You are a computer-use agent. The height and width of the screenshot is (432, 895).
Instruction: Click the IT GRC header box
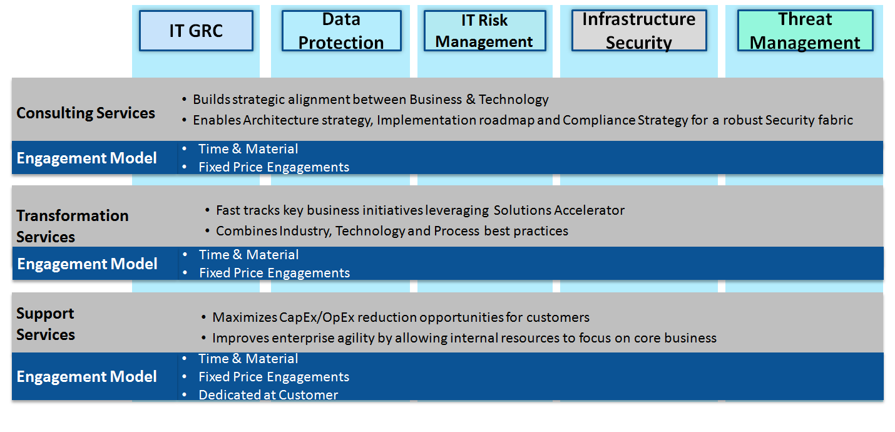click(196, 31)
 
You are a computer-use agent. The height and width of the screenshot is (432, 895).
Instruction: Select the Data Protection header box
click(342, 31)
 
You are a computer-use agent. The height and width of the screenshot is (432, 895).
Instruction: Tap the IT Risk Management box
click(484, 31)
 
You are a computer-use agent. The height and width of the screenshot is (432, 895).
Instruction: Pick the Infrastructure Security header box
click(639, 31)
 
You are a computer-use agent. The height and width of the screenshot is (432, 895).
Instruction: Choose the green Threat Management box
click(805, 31)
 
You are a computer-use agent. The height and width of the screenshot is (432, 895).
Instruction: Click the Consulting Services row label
click(86, 113)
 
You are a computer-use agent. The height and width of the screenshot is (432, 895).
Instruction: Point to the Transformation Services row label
click(73, 226)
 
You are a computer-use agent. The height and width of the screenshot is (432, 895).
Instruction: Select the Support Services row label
click(46, 324)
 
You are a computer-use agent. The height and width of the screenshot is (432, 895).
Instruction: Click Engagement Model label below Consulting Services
click(87, 158)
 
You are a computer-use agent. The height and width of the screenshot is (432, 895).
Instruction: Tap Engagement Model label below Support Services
click(87, 377)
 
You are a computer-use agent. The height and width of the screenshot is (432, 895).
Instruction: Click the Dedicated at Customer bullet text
click(268, 395)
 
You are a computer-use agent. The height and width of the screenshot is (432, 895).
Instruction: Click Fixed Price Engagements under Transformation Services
click(275, 273)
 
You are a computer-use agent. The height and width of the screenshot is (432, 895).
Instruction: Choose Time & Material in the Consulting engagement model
click(248, 149)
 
